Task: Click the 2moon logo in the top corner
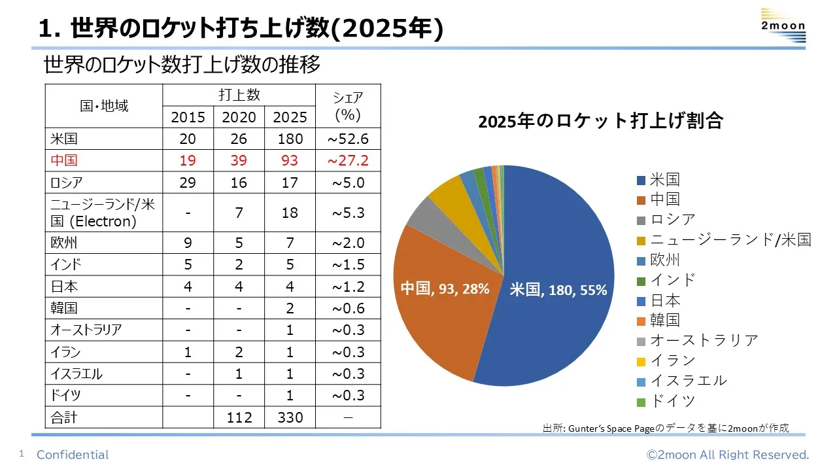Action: (x=783, y=26)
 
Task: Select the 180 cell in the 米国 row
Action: (x=290, y=139)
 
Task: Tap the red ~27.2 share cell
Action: (x=348, y=160)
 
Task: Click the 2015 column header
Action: (x=188, y=117)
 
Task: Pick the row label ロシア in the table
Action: (x=67, y=182)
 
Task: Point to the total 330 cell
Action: (x=290, y=417)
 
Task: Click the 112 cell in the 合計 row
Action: (x=239, y=417)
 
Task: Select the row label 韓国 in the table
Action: (x=64, y=308)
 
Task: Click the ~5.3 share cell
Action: (x=348, y=213)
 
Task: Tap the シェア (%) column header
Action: (x=348, y=106)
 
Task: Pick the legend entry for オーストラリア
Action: (x=704, y=340)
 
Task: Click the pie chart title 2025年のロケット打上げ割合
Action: (x=600, y=122)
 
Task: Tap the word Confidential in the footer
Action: (x=73, y=455)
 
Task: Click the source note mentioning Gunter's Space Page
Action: (x=666, y=428)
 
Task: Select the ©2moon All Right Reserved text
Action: (x=728, y=455)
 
